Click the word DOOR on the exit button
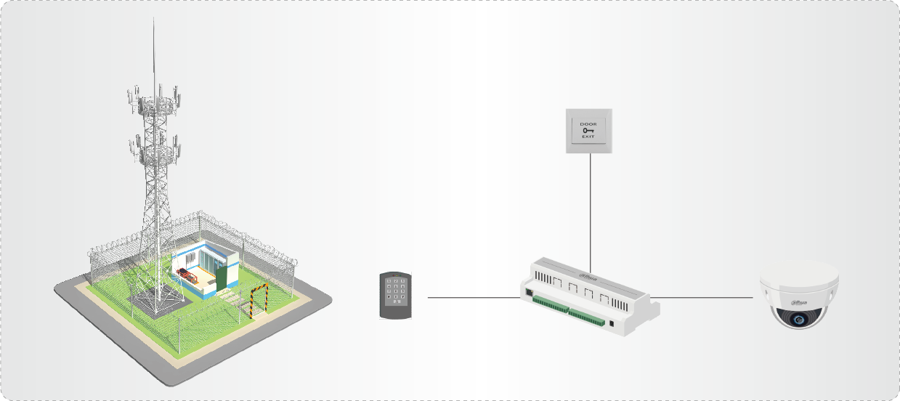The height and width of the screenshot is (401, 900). click(x=588, y=124)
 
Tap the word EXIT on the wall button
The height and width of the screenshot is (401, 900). click(x=588, y=137)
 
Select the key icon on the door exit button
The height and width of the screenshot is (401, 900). click(x=588, y=131)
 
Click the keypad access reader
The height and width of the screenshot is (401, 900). click(x=396, y=295)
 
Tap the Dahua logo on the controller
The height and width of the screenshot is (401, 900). click(x=588, y=275)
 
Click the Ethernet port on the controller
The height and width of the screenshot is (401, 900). click(x=527, y=292)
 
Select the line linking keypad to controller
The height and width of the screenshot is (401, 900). click(x=473, y=297)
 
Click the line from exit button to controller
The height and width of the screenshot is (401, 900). click(x=590, y=211)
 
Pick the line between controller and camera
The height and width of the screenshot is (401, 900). click(x=701, y=297)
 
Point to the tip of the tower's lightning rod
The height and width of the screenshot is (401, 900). click(x=153, y=20)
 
